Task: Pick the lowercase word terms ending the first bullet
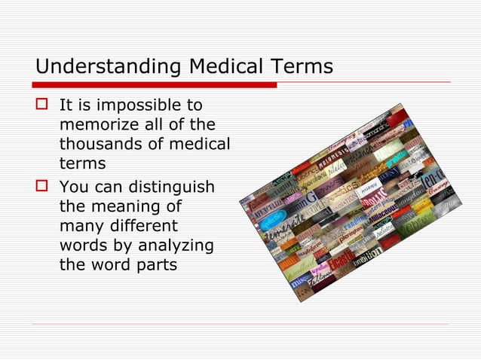pos(82,163)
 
